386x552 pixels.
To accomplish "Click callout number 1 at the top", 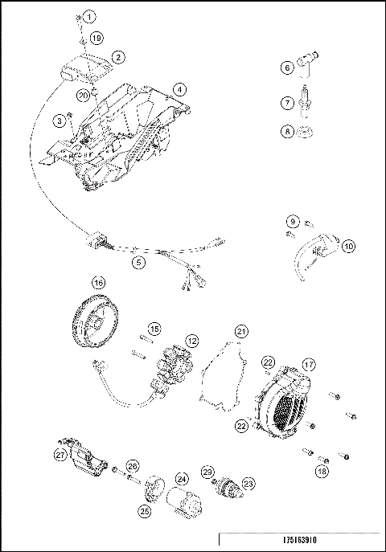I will pyautogui.click(x=89, y=16).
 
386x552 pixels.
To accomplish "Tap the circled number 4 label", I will pyautogui.click(x=179, y=88).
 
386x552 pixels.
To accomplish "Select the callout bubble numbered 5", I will pyautogui.click(x=139, y=261).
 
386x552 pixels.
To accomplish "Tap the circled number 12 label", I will pyautogui.click(x=192, y=341).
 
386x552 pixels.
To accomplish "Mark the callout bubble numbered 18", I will pyautogui.click(x=322, y=469).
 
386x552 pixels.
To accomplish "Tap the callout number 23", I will pyautogui.click(x=248, y=483).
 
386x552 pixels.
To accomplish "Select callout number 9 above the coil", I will pyautogui.click(x=293, y=220).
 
